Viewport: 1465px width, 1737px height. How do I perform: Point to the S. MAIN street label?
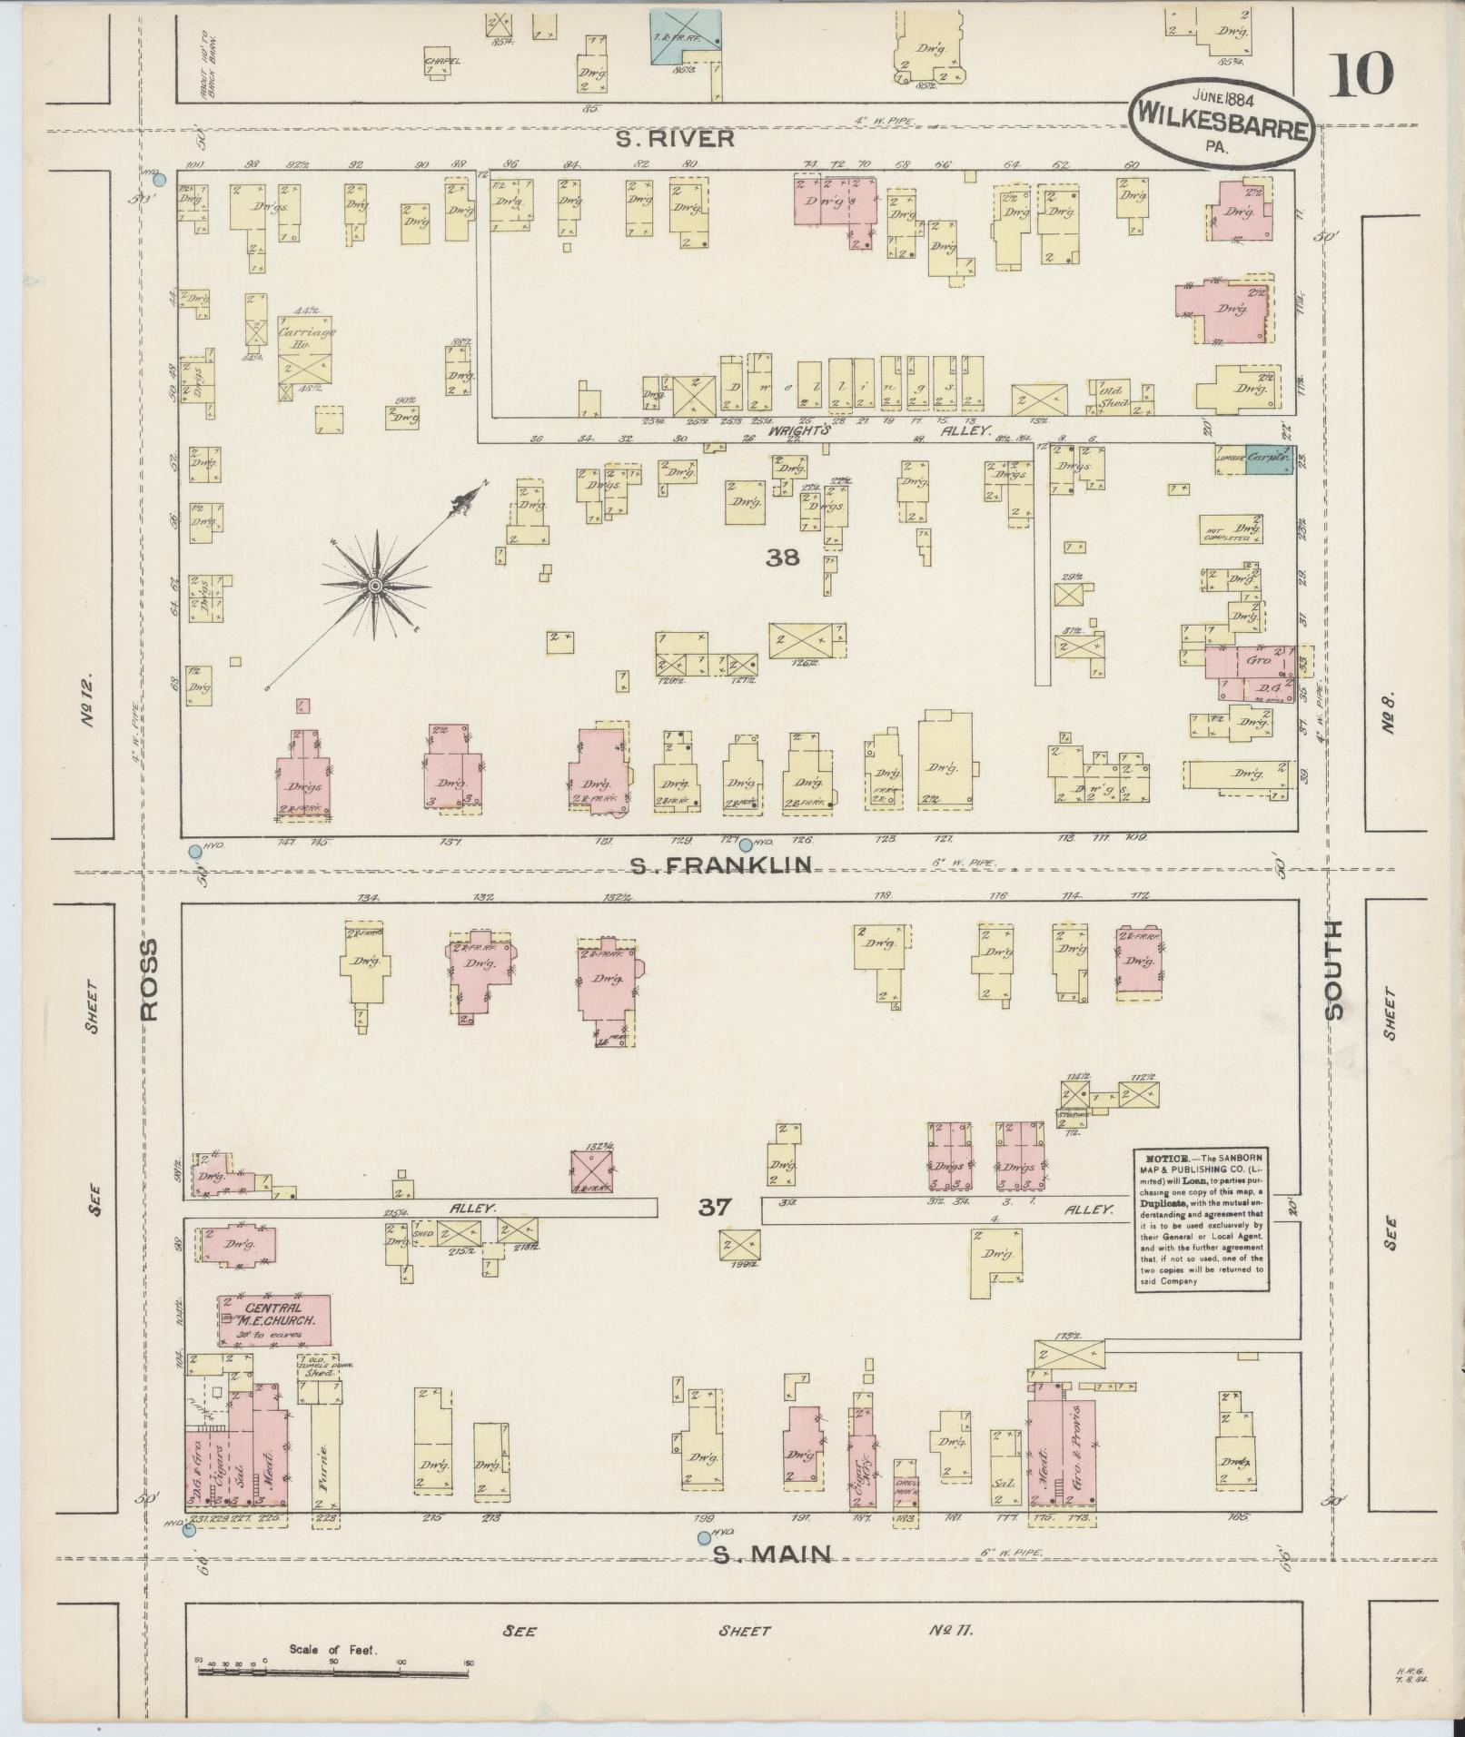772,1554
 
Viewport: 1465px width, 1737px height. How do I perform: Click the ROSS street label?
149,980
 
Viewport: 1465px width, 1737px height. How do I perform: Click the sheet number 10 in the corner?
1361,74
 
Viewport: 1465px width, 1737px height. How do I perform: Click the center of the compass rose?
373,586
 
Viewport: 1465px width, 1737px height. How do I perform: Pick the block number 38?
782,558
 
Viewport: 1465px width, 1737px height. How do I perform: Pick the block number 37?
715,1207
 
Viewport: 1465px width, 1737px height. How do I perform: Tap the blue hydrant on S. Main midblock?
703,1537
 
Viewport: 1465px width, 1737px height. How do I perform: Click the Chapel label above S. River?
442,62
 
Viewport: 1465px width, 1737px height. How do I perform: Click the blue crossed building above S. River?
686,37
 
